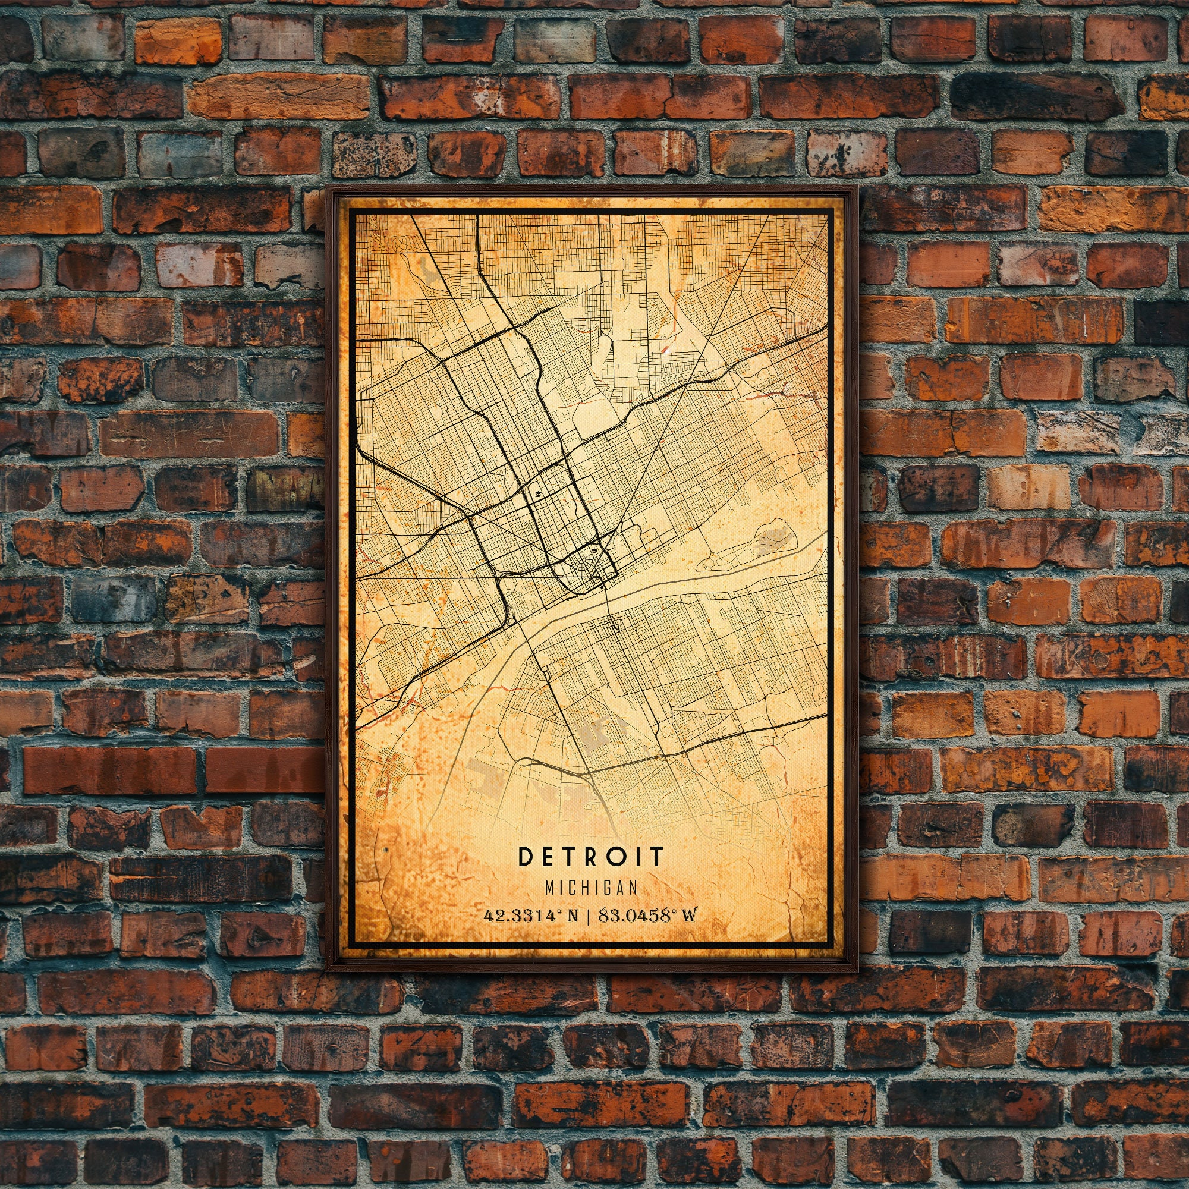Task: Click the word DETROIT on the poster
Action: [x=592, y=856]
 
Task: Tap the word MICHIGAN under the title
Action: [x=592, y=887]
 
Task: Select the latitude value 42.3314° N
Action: [x=531, y=916]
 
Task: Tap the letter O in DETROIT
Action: [x=634, y=856]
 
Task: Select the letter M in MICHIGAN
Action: [x=550, y=887]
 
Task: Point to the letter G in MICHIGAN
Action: [x=606, y=887]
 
